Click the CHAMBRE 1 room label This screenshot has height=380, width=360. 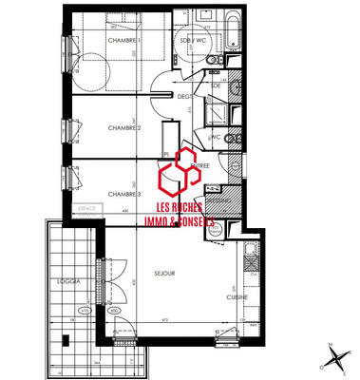[125, 41]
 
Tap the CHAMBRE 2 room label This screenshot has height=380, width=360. [124, 128]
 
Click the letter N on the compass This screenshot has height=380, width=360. [326, 348]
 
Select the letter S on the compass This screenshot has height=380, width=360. [342, 371]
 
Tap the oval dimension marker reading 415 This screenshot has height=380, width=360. [85, 309]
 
